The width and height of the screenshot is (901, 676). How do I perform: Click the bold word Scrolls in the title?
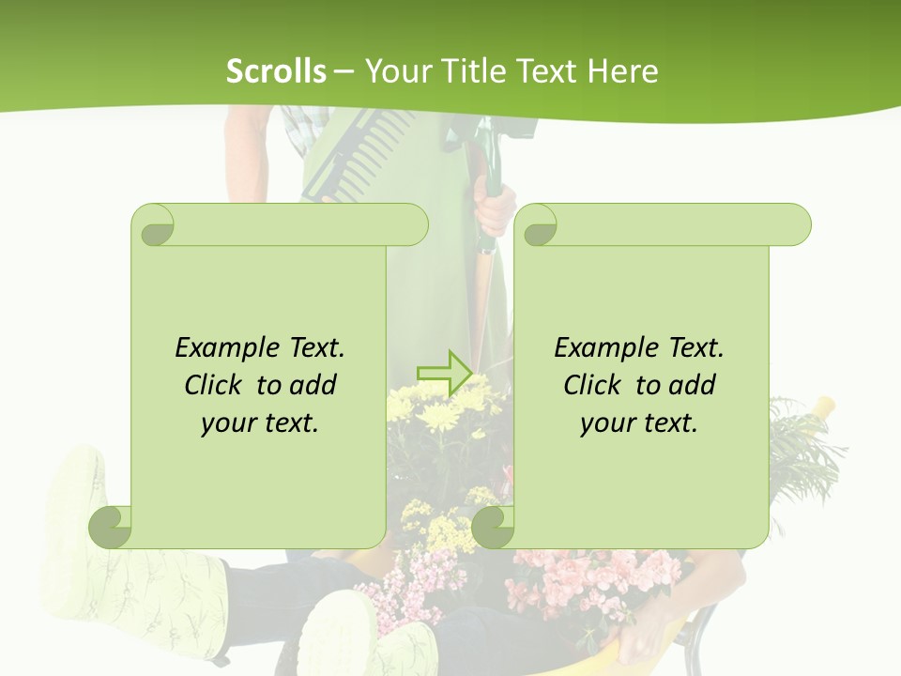tap(276, 71)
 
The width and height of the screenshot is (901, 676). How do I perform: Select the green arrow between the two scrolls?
tap(443, 373)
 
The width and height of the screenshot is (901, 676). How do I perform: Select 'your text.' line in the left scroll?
tap(260, 422)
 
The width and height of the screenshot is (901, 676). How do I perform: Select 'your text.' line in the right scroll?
tap(639, 422)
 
